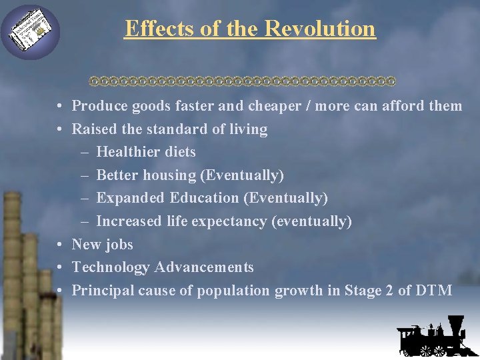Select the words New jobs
[103, 245]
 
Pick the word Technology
[111, 267]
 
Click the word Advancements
[204, 267]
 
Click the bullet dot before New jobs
[60, 245]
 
